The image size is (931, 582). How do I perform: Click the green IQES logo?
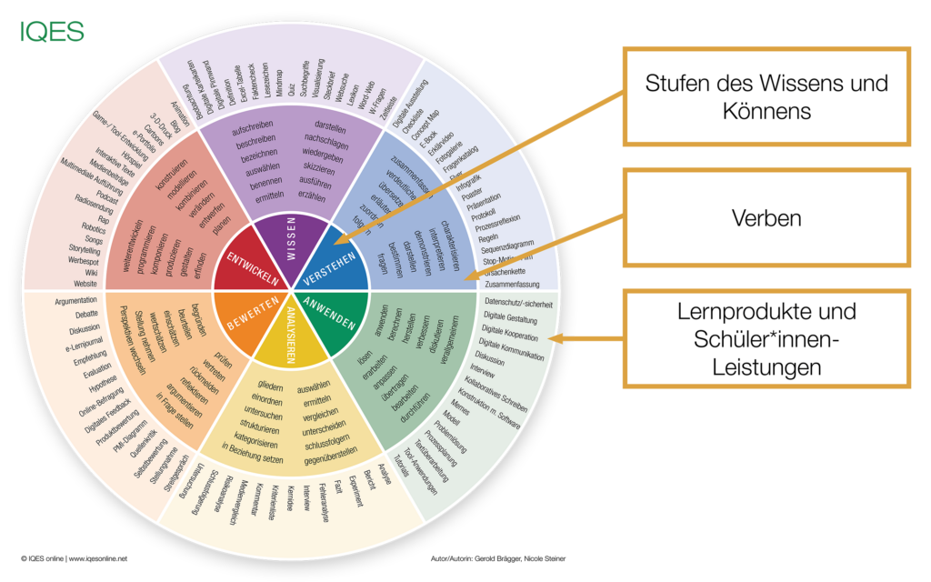(x=53, y=33)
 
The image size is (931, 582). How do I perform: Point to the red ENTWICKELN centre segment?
(x=244, y=264)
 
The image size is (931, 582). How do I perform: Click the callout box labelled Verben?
(x=766, y=219)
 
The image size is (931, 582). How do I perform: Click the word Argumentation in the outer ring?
(x=75, y=301)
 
